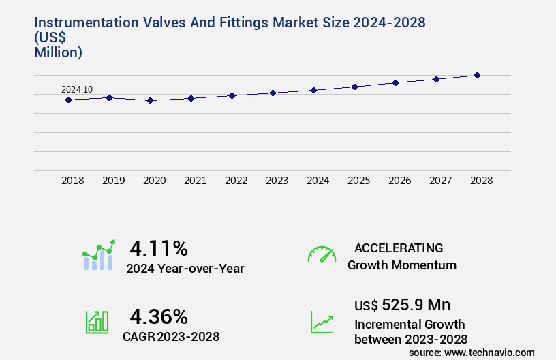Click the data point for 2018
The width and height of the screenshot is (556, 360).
point(68,100)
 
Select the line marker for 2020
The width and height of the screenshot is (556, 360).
point(151,100)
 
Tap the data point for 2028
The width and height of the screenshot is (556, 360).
point(477,75)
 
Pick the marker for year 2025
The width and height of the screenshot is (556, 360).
point(354,87)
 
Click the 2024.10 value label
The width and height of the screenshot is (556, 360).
point(77,89)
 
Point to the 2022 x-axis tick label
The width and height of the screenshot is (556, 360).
point(236,181)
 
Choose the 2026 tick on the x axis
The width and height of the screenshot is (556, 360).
point(399,181)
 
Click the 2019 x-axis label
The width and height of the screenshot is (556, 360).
point(113,181)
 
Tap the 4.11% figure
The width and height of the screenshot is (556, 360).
point(159,247)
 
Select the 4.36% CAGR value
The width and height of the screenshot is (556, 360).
point(159,316)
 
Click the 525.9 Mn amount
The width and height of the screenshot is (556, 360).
point(416,305)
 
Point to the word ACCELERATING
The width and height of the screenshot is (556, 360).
point(399,247)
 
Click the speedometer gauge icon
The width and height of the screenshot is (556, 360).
point(322,254)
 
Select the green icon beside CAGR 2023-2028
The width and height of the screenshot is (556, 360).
point(97,322)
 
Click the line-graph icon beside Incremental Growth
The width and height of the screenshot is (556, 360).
point(322,322)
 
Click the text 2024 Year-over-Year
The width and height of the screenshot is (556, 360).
point(185,269)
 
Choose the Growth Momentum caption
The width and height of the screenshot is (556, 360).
point(402,265)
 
